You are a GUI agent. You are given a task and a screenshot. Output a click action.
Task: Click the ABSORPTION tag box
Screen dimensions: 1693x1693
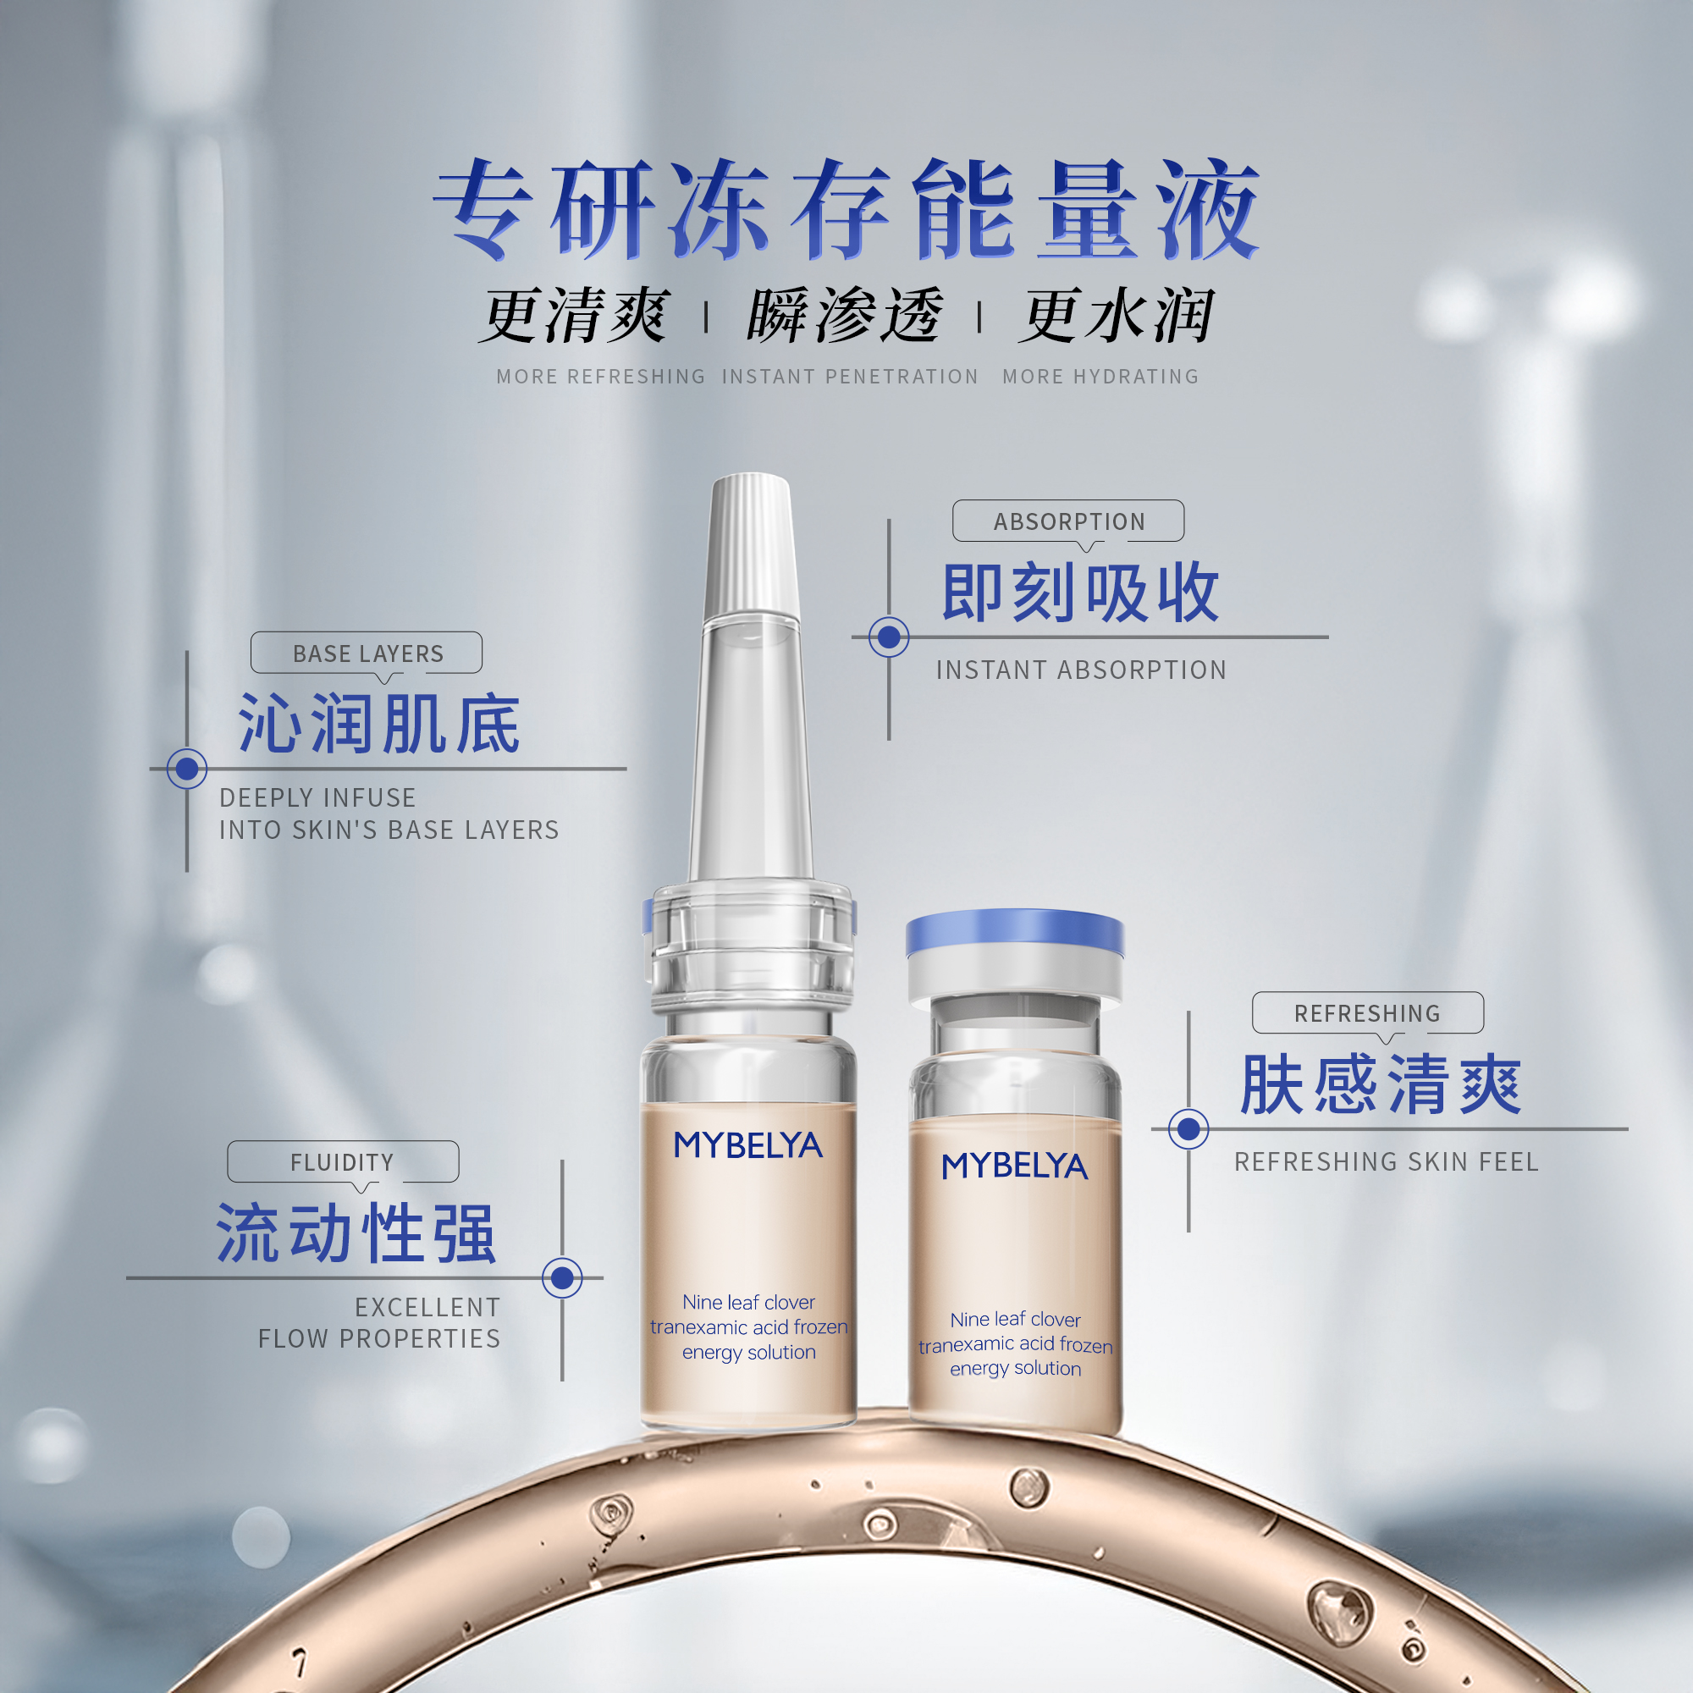coord(1068,521)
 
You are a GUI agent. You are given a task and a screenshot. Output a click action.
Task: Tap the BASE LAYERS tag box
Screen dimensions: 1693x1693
coord(367,653)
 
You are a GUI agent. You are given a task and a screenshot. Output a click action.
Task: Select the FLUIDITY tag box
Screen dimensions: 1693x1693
coord(343,1162)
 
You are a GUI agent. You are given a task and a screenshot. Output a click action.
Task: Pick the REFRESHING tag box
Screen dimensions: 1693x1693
coord(1367,1013)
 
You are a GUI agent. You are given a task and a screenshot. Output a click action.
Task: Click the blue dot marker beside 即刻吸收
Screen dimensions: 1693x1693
coord(889,637)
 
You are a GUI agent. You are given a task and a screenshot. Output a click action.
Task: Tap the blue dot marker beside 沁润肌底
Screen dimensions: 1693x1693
coord(186,769)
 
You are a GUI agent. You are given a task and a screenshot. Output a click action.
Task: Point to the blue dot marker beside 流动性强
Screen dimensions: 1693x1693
coord(563,1277)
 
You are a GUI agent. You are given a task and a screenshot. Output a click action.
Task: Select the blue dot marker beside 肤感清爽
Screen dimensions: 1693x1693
coord(1188,1128)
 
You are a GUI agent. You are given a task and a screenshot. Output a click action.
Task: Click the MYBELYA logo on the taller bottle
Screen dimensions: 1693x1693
coord(747,1145)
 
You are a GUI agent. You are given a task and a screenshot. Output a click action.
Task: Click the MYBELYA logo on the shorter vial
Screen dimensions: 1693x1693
coord(1015,1166)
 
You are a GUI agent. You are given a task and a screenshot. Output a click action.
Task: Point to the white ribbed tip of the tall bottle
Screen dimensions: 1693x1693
coord(751,543)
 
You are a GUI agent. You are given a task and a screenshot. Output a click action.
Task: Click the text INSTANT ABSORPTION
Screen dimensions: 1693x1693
coord(1080,670)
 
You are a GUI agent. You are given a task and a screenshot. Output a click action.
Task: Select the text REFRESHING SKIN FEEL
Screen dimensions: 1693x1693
coord(1387,1162)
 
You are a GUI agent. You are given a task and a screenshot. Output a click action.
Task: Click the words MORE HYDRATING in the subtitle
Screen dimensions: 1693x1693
coord(1100,377)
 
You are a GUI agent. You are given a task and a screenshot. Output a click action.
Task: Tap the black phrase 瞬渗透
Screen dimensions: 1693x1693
coord(844,316)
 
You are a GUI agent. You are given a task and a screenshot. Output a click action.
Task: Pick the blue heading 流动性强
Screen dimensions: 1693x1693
coord(356,1233)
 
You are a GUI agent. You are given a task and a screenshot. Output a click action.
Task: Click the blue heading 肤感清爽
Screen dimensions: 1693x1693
coord(1381,1085)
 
